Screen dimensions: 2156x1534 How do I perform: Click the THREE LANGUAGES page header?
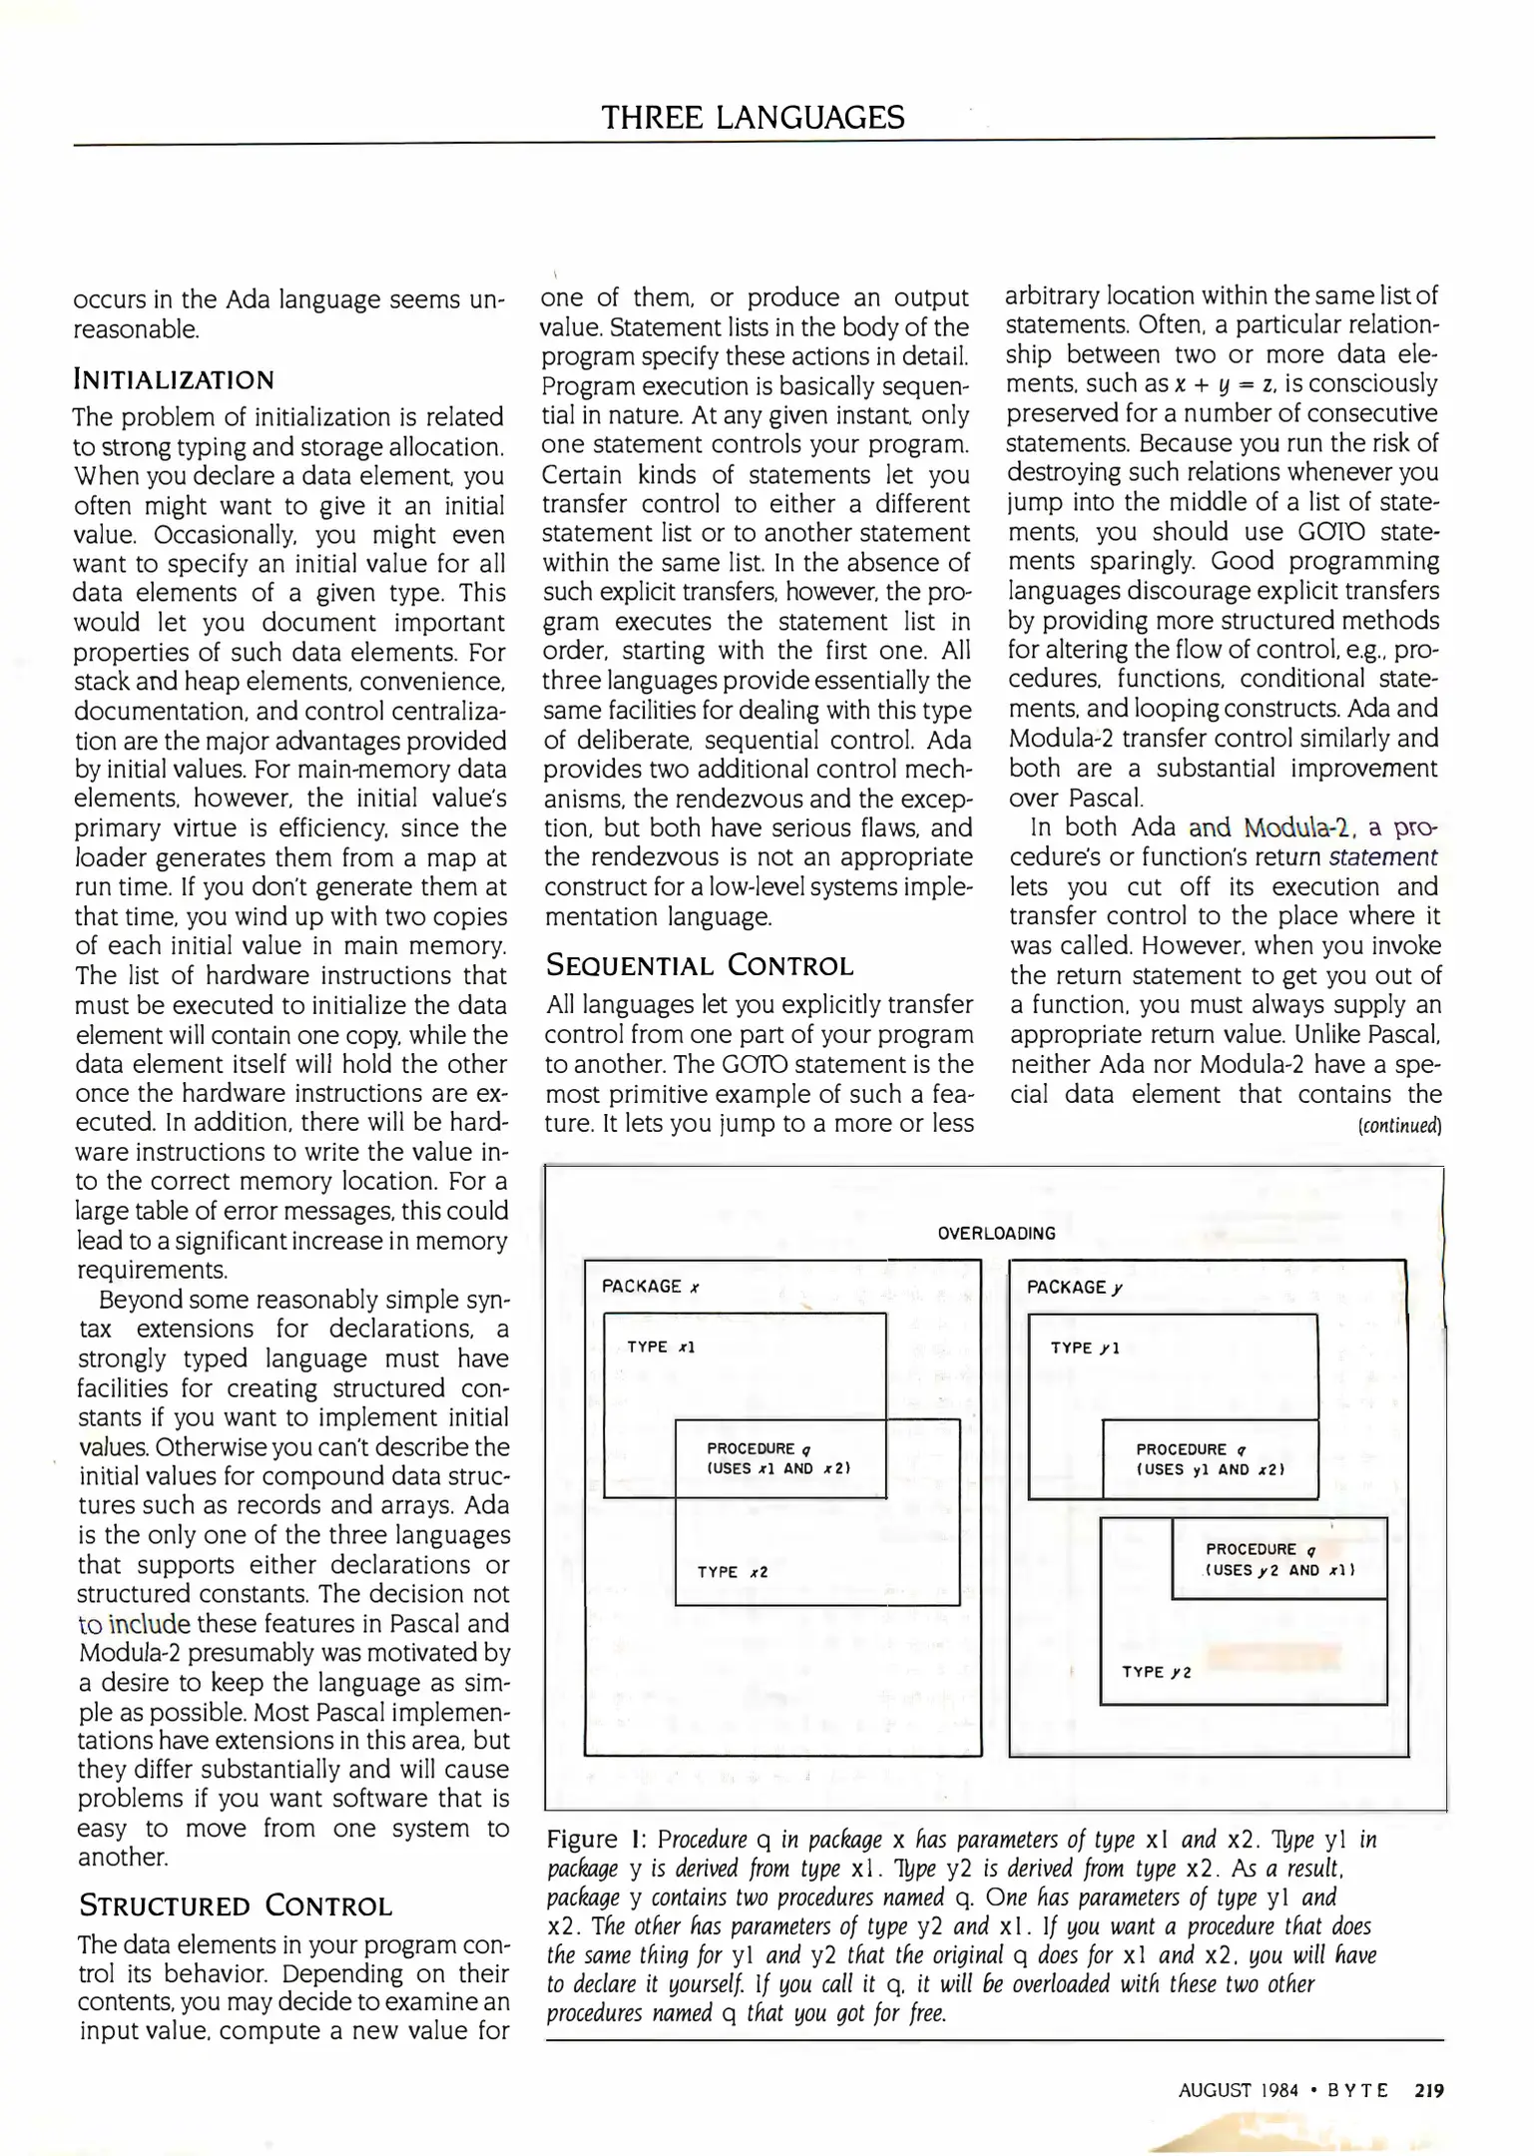click(x=753, y=118)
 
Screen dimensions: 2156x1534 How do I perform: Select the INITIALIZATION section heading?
click(x=174, y=380)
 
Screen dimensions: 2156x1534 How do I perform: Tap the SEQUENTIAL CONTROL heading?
click(x=700, y=966)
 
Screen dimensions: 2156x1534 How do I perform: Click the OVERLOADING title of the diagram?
click(x=996, y=1233)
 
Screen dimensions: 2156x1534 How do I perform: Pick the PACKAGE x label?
click(x=650, y=1287)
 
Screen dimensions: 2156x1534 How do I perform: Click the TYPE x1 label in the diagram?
click(x=661, y=1347)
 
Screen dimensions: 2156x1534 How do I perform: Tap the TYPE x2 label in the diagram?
click(x=733, y=1572)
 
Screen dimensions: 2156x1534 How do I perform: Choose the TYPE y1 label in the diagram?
click(x=1085, y=1348)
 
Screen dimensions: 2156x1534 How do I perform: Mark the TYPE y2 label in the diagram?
click(x=1157, y=1672)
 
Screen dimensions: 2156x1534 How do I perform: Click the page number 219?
click(x=1429, y=2089)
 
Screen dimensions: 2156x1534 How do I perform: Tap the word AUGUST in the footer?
click(x=1214, y=2089)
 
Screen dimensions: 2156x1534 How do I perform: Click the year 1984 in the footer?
click(x=1278, y=2089)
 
